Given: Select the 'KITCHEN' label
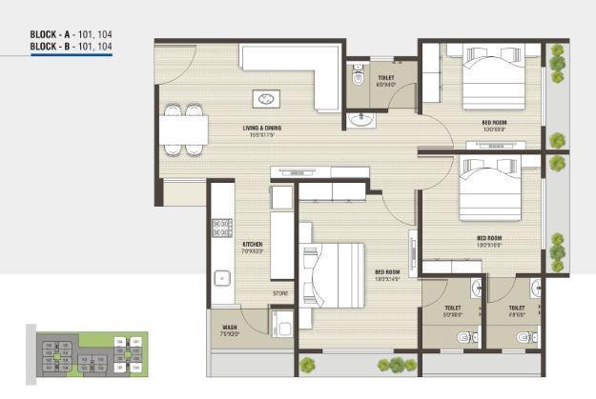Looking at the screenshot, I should click(252, 245).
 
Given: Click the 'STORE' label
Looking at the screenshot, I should click(280, 293).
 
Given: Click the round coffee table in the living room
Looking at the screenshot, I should click(266, 98).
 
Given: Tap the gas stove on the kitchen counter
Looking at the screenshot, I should click(222, 227).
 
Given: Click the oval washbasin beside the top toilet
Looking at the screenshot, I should click(360, 119).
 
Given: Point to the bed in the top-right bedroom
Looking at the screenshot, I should click(494, 80).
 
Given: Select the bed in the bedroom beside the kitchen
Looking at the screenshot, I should click(334, 271).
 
